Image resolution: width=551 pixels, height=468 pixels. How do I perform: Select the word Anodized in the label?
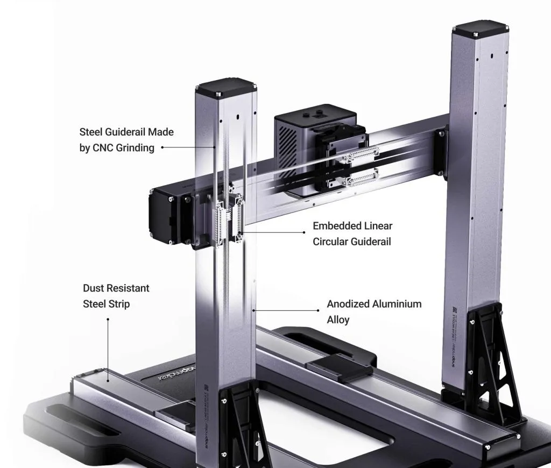[347, 304]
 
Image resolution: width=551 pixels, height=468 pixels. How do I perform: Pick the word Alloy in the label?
[338, 320]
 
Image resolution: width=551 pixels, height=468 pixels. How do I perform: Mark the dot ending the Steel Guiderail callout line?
[163, 146]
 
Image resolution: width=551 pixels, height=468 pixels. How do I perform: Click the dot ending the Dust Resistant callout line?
[108, 319]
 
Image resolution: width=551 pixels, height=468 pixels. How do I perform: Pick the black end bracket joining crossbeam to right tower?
[441, 151]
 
